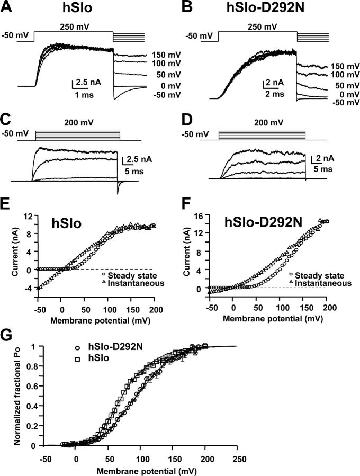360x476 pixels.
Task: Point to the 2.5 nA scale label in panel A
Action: [86, 83]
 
